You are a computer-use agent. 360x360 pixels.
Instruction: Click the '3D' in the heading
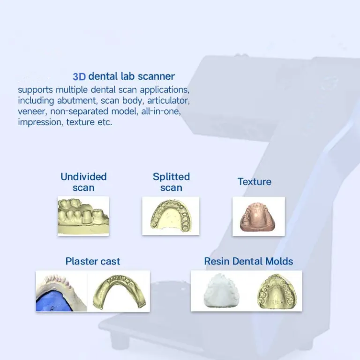[x=79, y=76]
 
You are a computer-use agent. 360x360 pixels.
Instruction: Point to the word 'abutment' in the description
[x=76, y=101]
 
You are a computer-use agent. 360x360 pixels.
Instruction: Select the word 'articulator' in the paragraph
[x=169, y=101]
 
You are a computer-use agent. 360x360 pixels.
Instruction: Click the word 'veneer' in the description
[x=32, y=112]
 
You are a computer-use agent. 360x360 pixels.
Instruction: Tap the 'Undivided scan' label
[x=83, y=182]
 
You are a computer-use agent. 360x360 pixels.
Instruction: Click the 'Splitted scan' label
[x=171, y=182]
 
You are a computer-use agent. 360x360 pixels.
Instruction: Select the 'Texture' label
[x=255, y=181]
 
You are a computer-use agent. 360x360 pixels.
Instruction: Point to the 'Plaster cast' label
[x=93, y=261]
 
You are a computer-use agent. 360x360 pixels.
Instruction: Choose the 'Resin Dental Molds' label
[x=248, y=261]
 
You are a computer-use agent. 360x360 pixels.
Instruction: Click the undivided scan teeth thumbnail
[x=83, y=216]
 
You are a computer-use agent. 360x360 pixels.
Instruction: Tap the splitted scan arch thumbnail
[x=171, y=216]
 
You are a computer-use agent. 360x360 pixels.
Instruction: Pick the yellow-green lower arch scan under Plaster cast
[x=119, y=291]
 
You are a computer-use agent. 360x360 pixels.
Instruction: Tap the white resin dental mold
[x=220, y=291]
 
